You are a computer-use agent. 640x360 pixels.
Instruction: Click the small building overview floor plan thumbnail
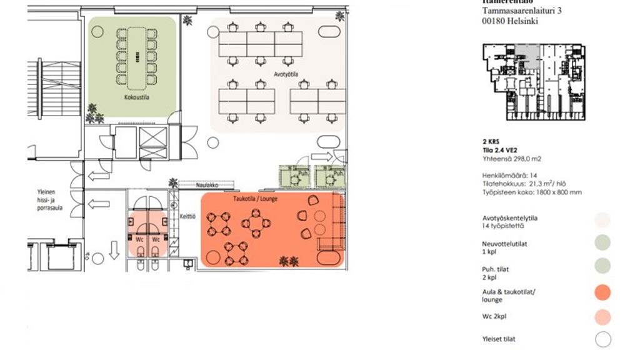tap(534, 82)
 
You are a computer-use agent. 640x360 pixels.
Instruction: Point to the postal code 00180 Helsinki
tap(510, 21)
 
